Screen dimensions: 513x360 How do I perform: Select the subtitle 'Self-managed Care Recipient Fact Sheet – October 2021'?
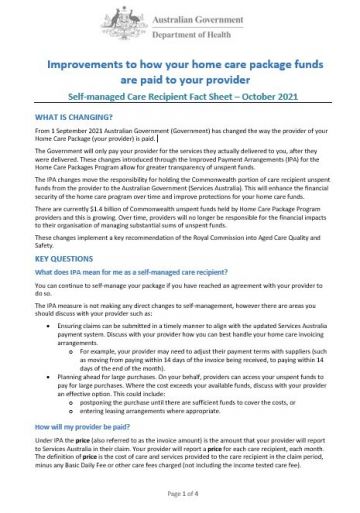click(180, 102)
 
